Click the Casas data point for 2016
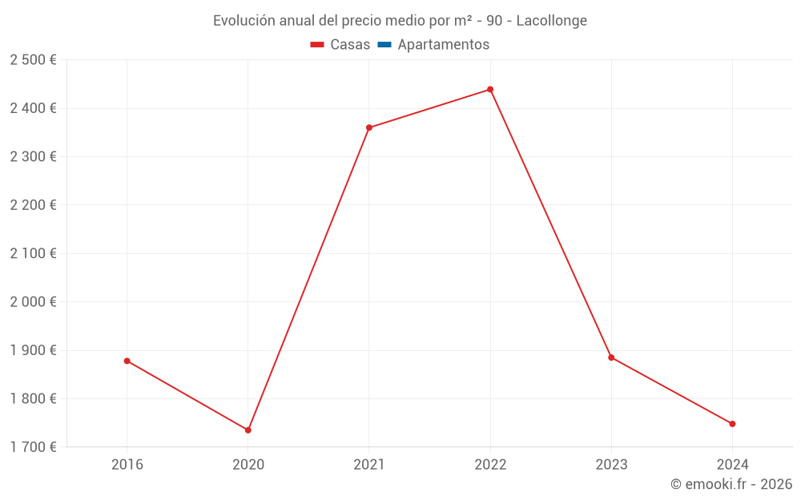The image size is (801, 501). tap(127, 361)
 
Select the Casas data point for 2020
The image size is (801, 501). tap(248, 430)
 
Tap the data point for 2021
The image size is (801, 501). tap(369, 127)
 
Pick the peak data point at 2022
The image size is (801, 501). tap(490, 90)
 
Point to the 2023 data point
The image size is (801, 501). tap(611, 358)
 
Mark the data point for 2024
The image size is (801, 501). tap(732, 424)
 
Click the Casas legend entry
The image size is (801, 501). tap(340, 45)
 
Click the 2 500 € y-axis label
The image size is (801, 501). tap(33, 60)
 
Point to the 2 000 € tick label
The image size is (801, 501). tap(33, 302)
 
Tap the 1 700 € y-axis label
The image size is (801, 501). tap(33, 447)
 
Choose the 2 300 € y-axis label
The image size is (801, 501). tap(33, 157)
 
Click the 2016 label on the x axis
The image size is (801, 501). tap(127, 464)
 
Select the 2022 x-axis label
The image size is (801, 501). tap(490, 464)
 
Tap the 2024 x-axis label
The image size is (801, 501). tap(732, 464)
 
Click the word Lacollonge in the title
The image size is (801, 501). tap(551, 21)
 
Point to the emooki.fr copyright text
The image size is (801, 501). tap(731, 484)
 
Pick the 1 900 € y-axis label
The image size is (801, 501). tap(33, 350)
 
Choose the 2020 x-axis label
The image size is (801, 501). tap(248, 464)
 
